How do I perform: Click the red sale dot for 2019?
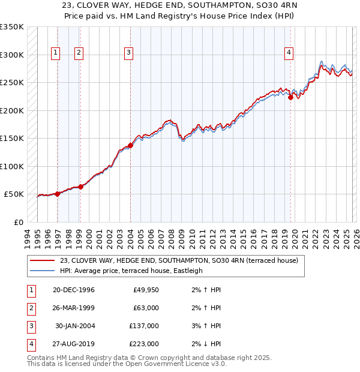pyautogui.click(x=290, y=97)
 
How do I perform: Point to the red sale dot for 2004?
pyautogui.click(x=130, y=145)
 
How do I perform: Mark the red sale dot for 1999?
pyautogui.click(x=80, y=187)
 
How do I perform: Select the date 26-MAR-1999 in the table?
pyautogui.click(x=74, y=308)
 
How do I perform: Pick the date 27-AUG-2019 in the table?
pyautogui.click(x=74, y=344)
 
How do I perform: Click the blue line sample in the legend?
pyautogui.click(x=43, y=271)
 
